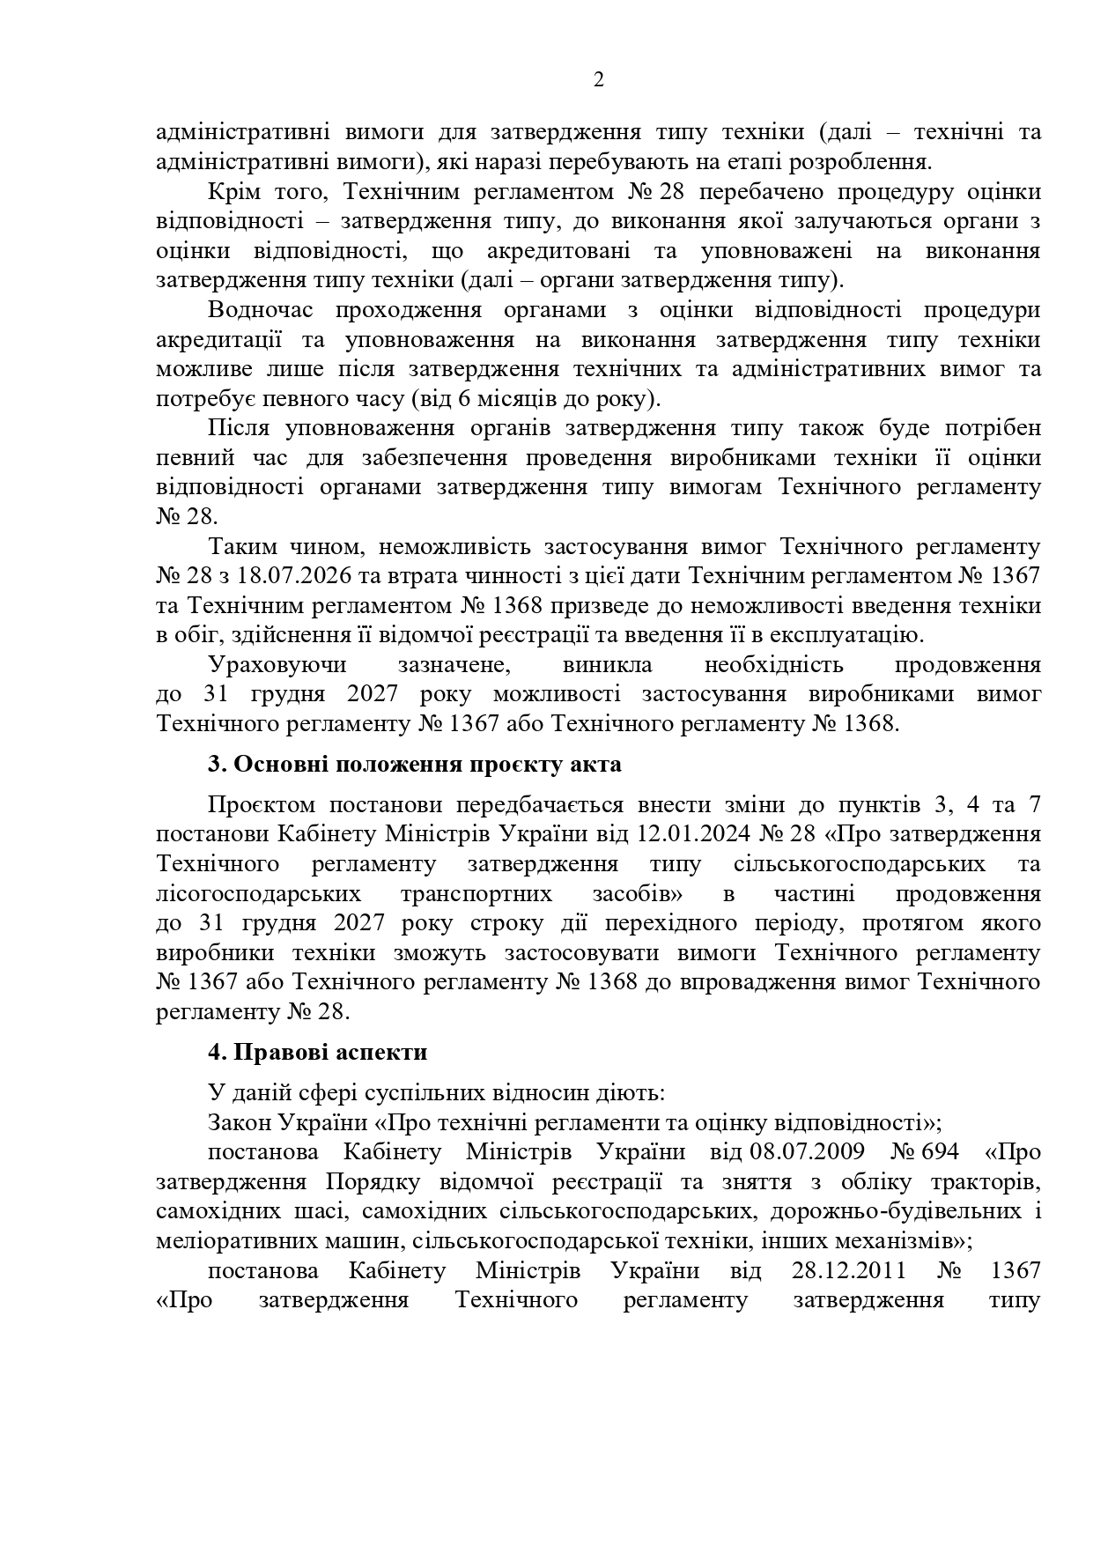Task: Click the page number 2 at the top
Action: click(x=599, y=81)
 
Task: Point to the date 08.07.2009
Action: click(x=807, y=1152)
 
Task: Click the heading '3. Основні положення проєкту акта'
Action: click(x=414, y=764)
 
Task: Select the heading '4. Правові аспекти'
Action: click(x=317, y=1052)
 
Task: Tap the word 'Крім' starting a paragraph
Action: click(x=235, y=191)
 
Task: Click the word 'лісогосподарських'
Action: click(x=258, y=893)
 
